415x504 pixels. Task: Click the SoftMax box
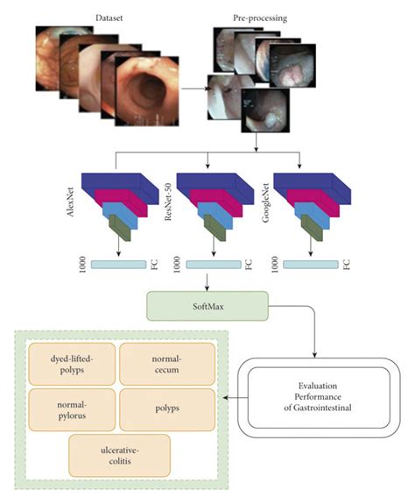(207, 307)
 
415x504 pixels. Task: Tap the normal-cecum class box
(166, 363)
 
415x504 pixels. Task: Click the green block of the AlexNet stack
(118, 229)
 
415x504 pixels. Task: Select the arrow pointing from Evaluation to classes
(229, 397)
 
